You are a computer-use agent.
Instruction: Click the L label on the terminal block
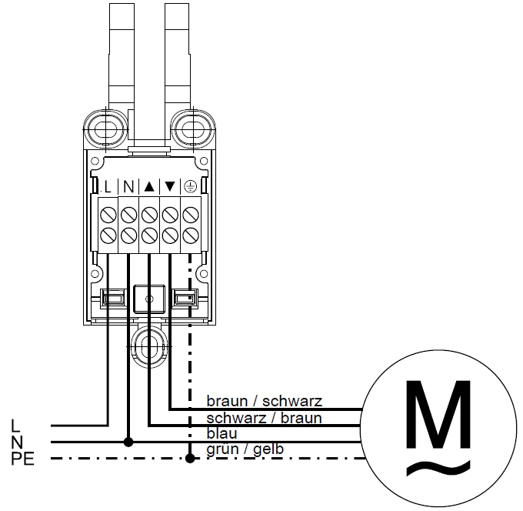(108, 187)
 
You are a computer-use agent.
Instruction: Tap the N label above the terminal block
(128, 187)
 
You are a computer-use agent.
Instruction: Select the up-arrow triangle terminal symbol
(149, 186)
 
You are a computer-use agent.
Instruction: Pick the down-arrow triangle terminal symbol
(170, 186)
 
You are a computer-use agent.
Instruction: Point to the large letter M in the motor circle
(438, 414)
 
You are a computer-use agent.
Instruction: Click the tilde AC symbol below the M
(438, 468)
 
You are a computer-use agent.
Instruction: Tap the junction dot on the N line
(128, 443)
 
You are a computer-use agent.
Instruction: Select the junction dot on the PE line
(190, 458)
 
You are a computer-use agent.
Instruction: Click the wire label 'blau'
(222, 433)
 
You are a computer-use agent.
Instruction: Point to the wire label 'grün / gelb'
(245, 449)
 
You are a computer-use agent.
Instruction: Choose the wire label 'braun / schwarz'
(265, 401)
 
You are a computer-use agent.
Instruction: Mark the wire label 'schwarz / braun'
(264, 418)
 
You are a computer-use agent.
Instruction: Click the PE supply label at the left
(23, 459)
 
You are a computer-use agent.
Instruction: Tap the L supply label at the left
(15, 426)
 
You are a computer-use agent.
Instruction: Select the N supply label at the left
(17, 443)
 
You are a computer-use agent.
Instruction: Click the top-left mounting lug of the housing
(105, 129)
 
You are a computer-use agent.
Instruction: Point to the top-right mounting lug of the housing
(192, 129)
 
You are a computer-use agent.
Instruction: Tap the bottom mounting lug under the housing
(149, 346)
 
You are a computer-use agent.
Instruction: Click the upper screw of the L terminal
(108, 214)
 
